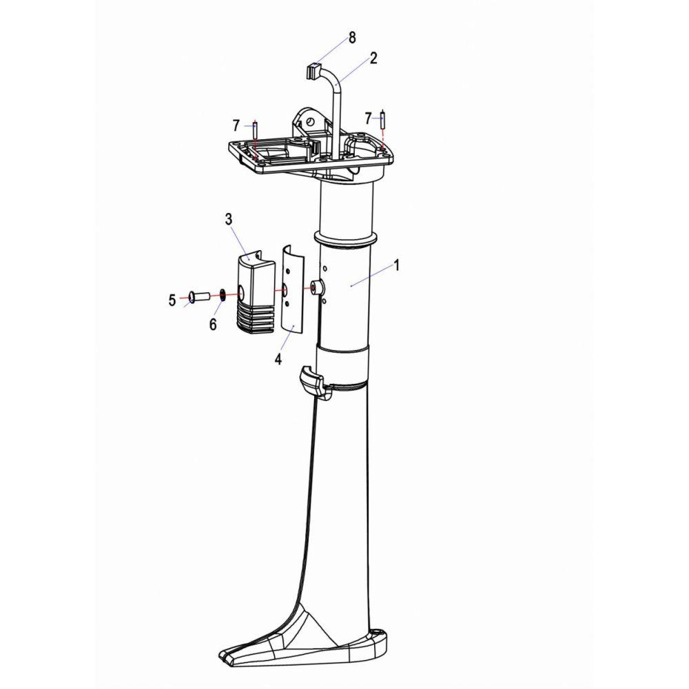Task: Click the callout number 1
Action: point(396,265)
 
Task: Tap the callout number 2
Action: point(373,58)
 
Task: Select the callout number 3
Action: point(229,219)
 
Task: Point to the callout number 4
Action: point(278,359)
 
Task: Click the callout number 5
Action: point(172,300)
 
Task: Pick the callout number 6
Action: point(213,325)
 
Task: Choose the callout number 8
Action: point(352,38)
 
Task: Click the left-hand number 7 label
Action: point(236,125)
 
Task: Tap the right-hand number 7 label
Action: point(368,118)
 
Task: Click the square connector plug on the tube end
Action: point(311,72)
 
